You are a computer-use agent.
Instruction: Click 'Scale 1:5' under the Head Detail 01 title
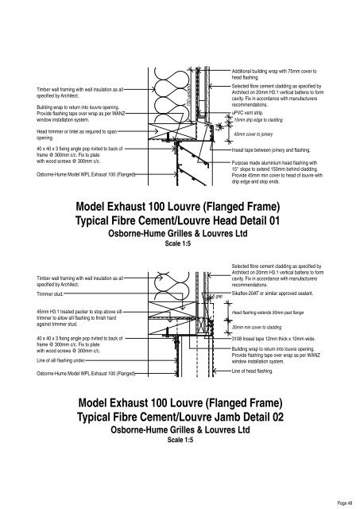pos(179,244)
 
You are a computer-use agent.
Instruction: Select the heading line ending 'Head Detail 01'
pos(179,220)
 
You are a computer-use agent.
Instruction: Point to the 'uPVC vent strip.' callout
pos(254,112)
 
